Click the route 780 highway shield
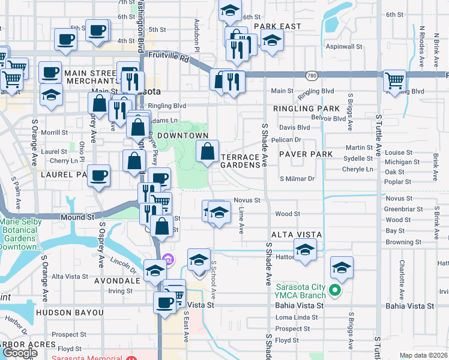pyautogui.click(x=311, y=76)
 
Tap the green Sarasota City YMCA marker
pyautogui.click(x=336, y=292)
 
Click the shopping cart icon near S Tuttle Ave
pyautogui.click(x=395, y=80)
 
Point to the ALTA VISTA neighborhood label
pyautogui.click(x=297, y=233)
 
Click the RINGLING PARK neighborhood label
pyautogui.click(x=306, y=109)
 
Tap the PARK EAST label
pyautogui.click(x=277, y=26)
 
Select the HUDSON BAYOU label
pyautogui.click(x=70, y=313)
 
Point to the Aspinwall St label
pyautogui.click(x=344, y=46)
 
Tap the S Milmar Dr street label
pyautogui.click(x=297, y=179)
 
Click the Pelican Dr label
pyautogui.click(x=286, y=139)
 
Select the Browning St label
pyautogui.click(x=403, y=242)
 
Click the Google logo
pyautogui.click(x=20, y=353)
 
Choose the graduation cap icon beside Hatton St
pyautogui.click(x=305, y=250)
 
